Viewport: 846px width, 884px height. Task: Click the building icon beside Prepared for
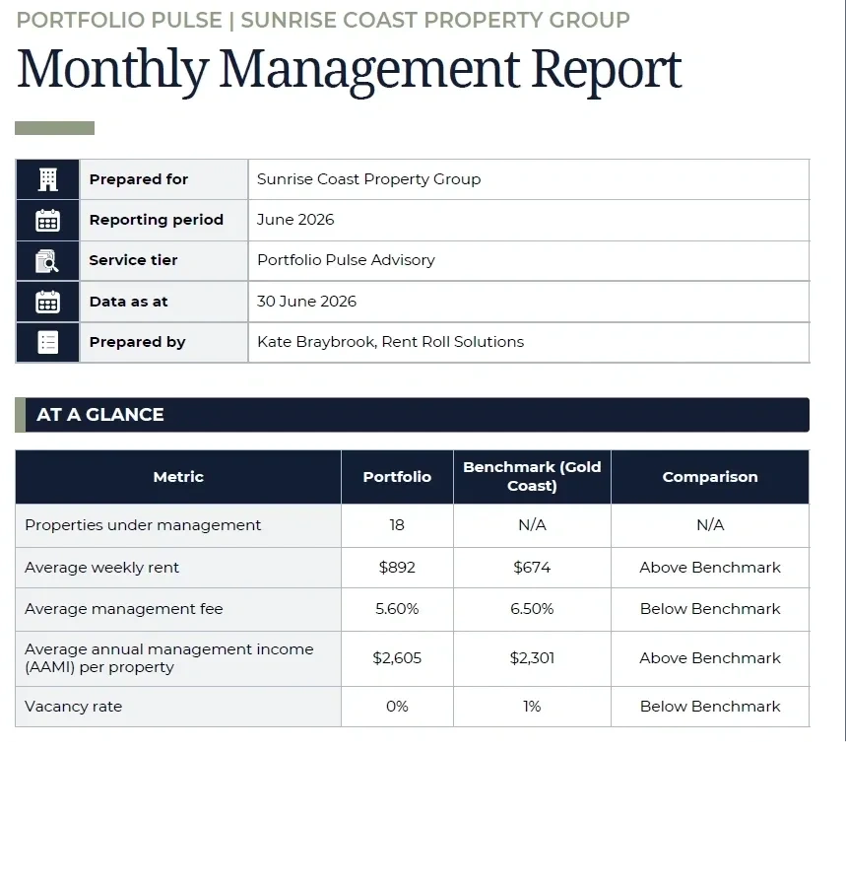(48, 179)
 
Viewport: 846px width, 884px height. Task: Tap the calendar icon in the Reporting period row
(48, 221)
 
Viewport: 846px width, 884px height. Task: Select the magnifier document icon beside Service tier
(47, 261)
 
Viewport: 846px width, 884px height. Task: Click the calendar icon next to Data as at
(48, 302)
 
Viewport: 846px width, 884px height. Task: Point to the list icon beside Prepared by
(48, 342)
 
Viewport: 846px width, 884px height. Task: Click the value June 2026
(295, 220)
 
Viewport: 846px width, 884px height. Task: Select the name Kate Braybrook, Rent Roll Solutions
(390, 342)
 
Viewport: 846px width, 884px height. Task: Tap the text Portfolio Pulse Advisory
(346, 260)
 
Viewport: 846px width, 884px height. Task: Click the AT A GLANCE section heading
(100, 414)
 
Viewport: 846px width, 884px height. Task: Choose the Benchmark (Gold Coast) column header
(532, 476)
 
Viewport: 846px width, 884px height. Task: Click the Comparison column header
(710, 477)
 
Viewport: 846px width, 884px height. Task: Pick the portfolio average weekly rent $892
(397, 567)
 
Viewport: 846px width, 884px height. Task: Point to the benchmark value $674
(532, 567)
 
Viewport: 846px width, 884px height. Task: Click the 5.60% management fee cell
(397, 609)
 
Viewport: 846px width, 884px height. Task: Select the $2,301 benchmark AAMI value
(532, 658)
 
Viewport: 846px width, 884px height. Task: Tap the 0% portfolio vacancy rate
(397, 707)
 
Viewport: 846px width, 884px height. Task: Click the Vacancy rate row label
(73, 707)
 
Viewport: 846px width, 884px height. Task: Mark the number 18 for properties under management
(397, 525)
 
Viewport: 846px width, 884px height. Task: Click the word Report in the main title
(607, 71)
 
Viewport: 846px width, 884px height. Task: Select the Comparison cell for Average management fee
(710, 609)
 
